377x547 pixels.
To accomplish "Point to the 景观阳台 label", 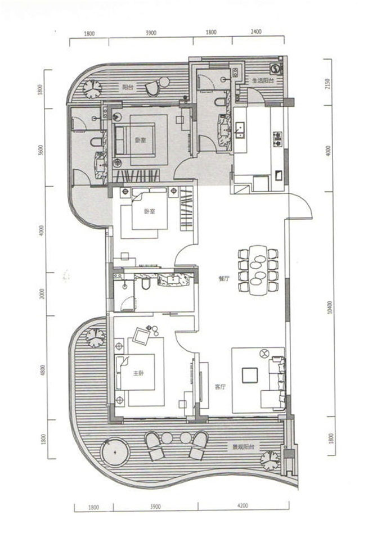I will pyautogui.click(x=244, y=447).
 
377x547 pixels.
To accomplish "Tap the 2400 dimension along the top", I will pyautogui.click(x=256, y=33).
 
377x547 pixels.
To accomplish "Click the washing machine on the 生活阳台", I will pyautogui.click(x=276, y=69).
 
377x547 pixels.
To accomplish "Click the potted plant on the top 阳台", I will pyautogui.click(x=91, y=88).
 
